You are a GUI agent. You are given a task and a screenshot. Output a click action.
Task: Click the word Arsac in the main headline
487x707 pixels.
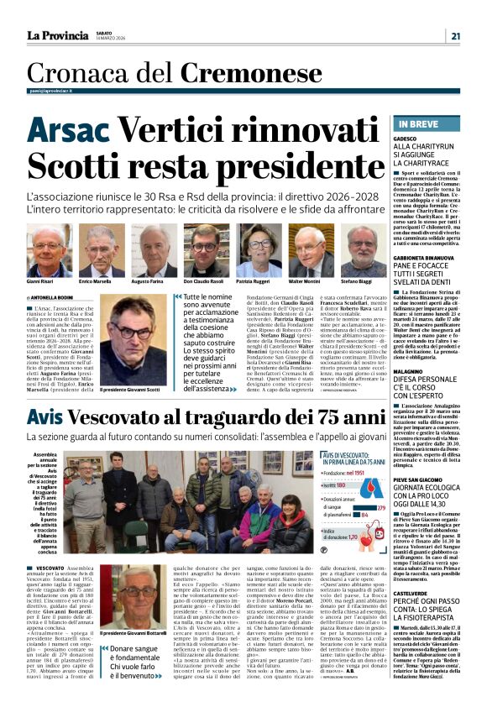point(69,130)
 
